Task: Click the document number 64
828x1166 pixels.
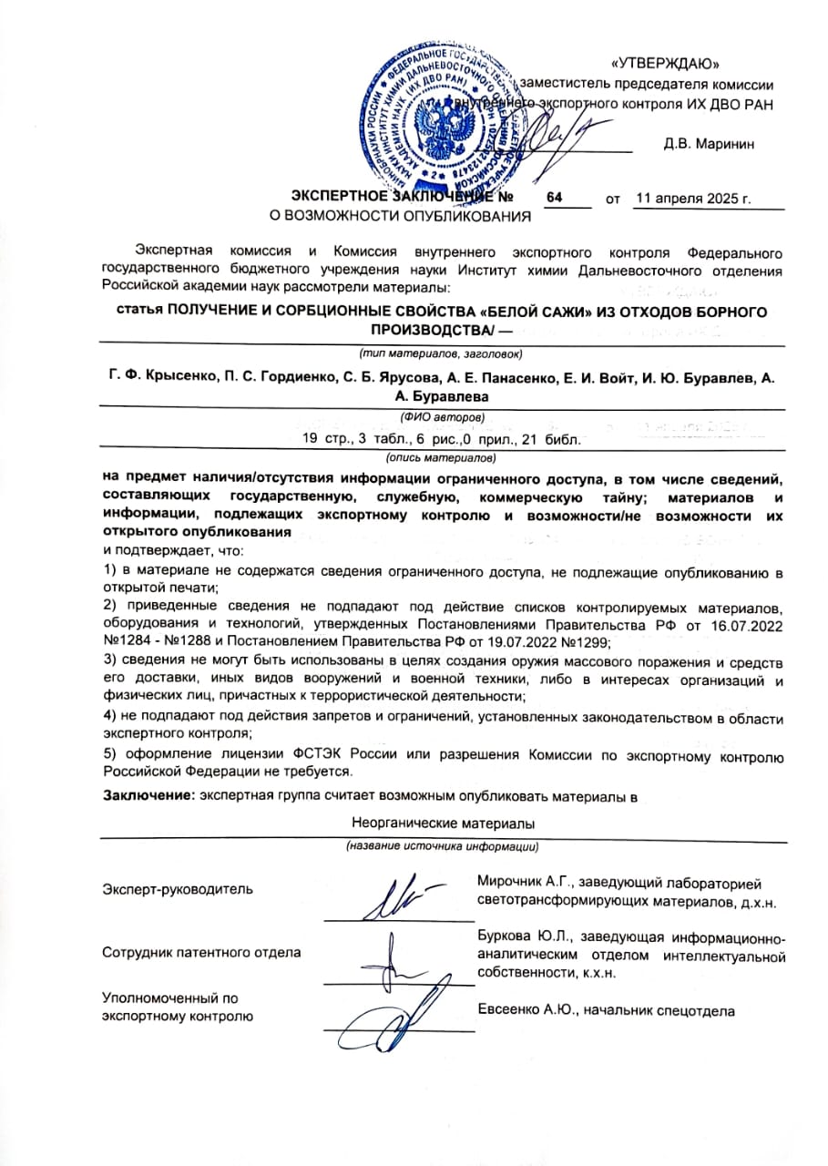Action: [555, 197]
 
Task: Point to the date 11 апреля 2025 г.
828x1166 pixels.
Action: [692, 198]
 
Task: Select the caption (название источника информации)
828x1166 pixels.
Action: [441, 847]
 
